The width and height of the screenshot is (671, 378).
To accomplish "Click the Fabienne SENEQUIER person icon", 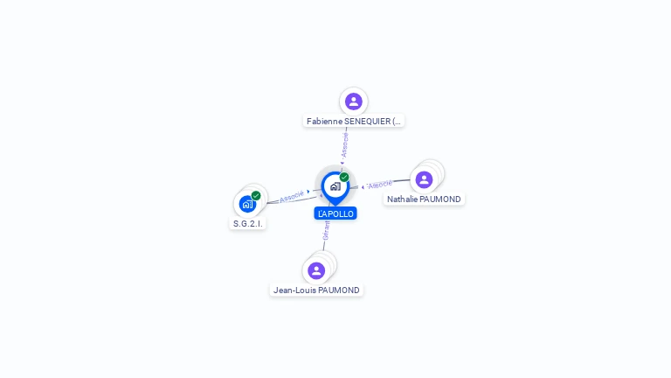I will click(x=353, y=101).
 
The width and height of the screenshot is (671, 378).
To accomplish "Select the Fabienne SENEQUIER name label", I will click(x=354, y=121).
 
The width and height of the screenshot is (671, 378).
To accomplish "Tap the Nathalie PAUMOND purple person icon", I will click(x=424, y=179).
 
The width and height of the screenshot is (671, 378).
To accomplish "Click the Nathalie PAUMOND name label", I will click(x=424, y=199).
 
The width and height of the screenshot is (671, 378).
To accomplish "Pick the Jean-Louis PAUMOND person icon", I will click(x=316, y=270).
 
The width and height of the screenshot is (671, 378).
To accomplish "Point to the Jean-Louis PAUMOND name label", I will click(x=316, y=290).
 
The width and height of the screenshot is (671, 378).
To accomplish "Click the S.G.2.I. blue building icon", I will click(x=247, y=205).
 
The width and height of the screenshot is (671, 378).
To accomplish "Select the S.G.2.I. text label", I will click(x=247, y=223).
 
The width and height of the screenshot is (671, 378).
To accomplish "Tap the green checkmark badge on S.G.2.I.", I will click(x=256, y=196).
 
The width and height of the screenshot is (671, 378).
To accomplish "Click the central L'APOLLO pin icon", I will click(x=335, y=186).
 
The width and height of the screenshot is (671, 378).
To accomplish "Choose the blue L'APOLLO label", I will click(x=335, y=213).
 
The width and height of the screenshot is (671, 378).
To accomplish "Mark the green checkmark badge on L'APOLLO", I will click(x=344, y=178).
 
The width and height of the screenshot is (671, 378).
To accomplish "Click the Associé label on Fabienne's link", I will click(x=345, y=144).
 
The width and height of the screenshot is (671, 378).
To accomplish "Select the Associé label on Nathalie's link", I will click(x=380, y=185).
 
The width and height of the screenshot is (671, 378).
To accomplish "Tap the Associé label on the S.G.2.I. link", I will click(x=292, y=196).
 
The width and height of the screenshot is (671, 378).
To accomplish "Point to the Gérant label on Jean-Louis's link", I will click(x=326, y=230).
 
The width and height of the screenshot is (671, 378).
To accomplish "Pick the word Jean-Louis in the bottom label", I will click(x=293, y=290).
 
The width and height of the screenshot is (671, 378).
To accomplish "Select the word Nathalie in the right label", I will click(x=404, y=199).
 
